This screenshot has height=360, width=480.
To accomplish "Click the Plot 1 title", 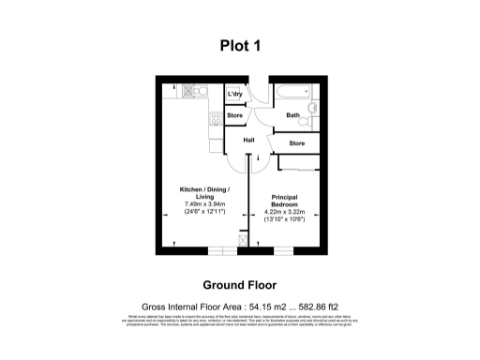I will click(239, 43).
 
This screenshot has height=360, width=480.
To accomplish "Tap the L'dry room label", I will click(235, 94).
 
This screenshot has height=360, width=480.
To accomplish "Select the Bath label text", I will click(293, 115).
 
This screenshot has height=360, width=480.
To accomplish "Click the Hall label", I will click(248, 141).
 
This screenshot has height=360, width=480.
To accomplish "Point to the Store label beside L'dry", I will click(234, 115).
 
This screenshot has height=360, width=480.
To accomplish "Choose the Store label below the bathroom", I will click(296, 143).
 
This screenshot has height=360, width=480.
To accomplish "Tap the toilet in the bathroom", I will click(314, 120).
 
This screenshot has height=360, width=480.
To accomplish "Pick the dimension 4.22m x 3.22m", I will click(284, 212).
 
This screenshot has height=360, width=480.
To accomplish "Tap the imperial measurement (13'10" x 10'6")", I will click(284, 220).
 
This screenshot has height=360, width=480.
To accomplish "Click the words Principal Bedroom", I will click(284, 200).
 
